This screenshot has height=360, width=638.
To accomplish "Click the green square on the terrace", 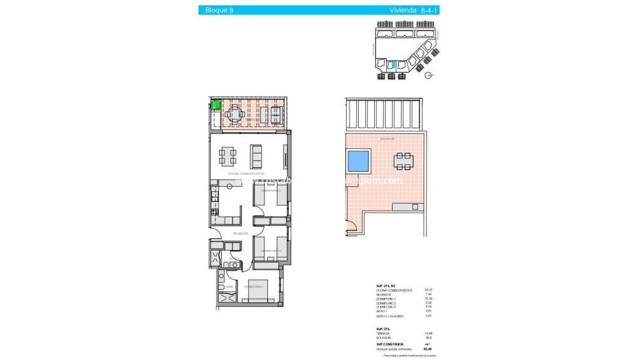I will tap(216, 105).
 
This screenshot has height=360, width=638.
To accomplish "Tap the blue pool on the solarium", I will tap(359, 160).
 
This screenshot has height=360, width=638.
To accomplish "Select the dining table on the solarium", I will tap(402, 160).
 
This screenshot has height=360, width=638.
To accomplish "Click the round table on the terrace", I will tap(234, 114).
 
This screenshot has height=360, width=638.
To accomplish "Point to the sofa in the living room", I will tap(256, 155).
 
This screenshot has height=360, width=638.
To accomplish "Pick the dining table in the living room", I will tap(227, 155).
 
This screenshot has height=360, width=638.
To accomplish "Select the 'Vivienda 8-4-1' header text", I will tap(410, 10).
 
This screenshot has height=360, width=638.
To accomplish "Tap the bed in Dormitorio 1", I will tap(255, 291).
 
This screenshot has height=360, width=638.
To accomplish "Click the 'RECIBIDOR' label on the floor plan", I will tap(240, 233).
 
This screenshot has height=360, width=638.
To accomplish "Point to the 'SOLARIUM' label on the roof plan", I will tap(387, 139).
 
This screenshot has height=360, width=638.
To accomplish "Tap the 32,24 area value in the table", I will tap(428, 290).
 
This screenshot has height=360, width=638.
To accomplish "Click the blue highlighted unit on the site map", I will tap(393, 66).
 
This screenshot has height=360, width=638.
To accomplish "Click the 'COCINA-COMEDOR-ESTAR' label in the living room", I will tap(247, 173).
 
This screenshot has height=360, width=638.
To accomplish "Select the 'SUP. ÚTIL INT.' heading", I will tap(387, 285).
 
